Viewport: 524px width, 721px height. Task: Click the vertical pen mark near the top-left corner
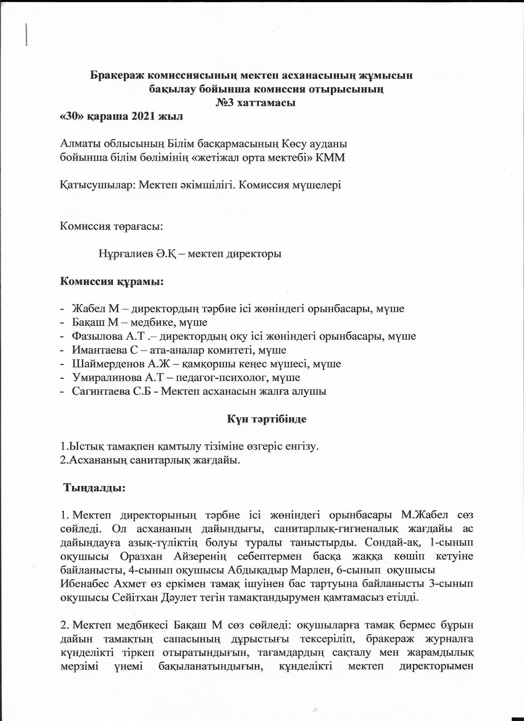pyautogui.click(x=26, y=35)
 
